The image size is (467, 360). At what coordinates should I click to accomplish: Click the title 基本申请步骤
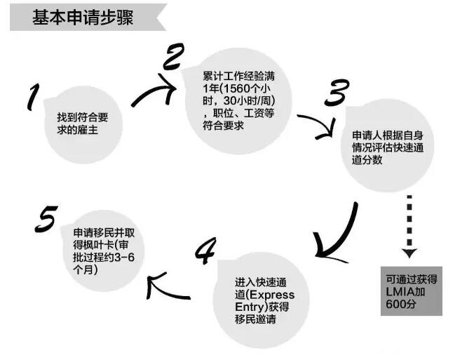(x=83, y=18)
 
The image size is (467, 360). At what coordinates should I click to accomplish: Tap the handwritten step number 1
(x=34, y=97)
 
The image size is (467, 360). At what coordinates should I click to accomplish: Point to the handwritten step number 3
(x=337, y=93)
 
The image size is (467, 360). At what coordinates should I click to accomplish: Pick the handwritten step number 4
(x=205, y=251)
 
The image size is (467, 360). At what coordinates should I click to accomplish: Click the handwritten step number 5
(x=46, y=218)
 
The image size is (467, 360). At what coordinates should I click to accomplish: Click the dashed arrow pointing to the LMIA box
(x=410, y=227)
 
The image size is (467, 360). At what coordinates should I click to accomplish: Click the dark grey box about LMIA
(x=412, y=291)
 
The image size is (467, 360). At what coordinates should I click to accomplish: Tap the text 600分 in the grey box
(x=400, y=304)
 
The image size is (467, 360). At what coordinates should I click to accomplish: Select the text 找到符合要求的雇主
(x=83, y=124)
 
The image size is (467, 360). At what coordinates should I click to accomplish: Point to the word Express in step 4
(x=272, y=295)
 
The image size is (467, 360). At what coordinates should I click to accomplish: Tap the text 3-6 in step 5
(x=124, y=257)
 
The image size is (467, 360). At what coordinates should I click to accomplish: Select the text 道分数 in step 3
(x=367, y=160)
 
